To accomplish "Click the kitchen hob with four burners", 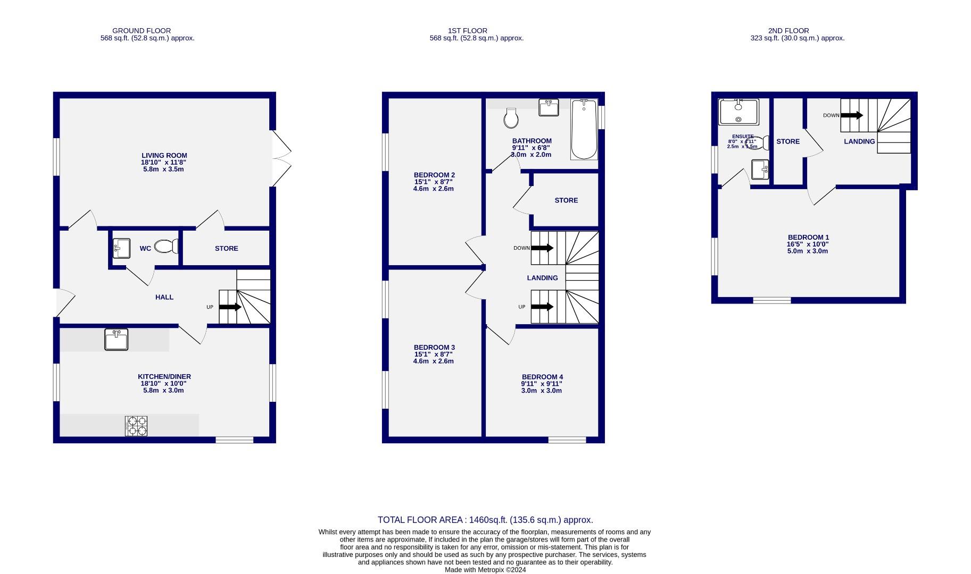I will click(x=136, y=426).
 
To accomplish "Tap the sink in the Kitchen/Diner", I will click(x=116, y=340).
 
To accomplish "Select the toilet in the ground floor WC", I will click(x=165, y=247).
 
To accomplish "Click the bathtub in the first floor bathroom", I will click(x=584, y=130).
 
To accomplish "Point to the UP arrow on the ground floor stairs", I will click(x=230, y=307).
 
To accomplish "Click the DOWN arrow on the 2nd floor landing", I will click(x=851, y=115).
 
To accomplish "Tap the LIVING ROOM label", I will click(x=164, y=156).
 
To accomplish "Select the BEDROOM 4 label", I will click(x=542, y=377).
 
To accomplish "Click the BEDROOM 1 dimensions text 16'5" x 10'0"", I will click(x=808, y=244).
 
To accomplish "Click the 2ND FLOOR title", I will click(x=788, y=31).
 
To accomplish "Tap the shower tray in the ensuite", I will click(x=738, y=112).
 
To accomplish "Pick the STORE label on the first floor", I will click(x=566, y=200).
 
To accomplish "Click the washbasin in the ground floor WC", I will click(x=121, y=248).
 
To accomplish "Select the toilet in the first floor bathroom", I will click(x=511, y=119).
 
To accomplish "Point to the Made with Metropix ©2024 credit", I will click(x=485, y=570).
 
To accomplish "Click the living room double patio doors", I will click(x=281, y=158).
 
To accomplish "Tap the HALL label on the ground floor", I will click(x=164, y=297).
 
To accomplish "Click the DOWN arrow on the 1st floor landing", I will click(x=542, y=248).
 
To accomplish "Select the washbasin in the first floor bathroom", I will click(x=549, y=107).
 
